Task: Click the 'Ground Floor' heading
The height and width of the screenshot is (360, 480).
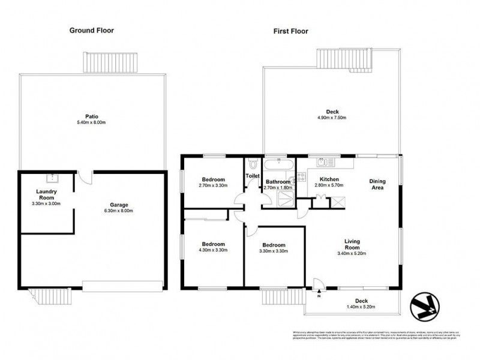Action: (91, 30)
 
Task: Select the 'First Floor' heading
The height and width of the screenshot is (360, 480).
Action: (290, 31)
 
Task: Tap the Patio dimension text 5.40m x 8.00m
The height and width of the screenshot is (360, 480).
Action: (91, 122)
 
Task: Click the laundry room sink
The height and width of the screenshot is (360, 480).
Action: (52, 178)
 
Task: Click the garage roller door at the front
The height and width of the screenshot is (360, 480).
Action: (124, 285)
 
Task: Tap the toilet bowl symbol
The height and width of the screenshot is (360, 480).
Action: (253, 163)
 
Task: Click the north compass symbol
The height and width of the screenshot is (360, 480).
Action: (427, 305)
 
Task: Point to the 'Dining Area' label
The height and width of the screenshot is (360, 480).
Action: (376, 185)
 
